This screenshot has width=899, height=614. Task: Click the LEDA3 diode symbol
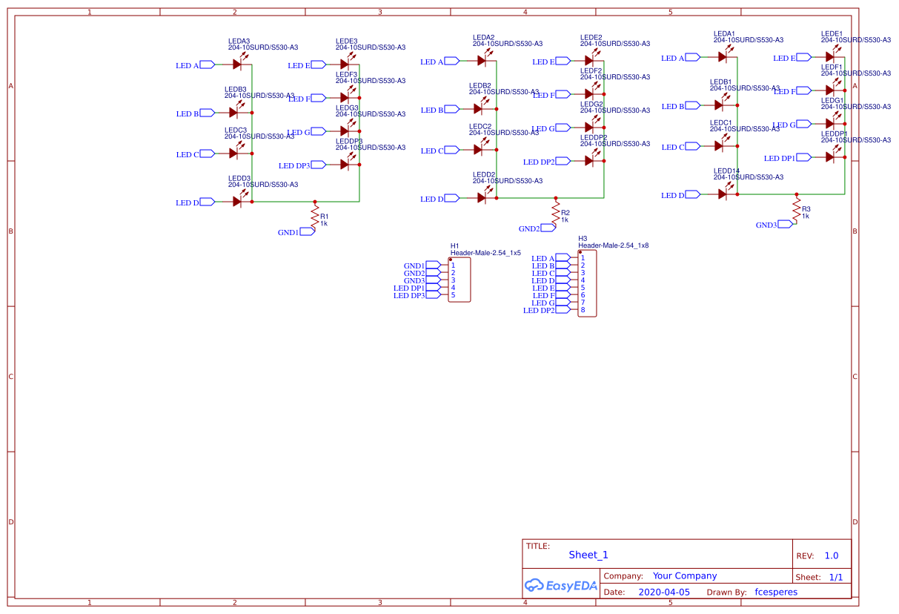(x=237, y=65)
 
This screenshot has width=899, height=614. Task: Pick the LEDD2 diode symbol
(x=482, y=198)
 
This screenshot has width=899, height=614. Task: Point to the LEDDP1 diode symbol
(x=830, y=157)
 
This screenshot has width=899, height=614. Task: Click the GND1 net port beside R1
(x=307, y=231)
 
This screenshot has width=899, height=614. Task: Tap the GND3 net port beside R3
(x=786, y=225)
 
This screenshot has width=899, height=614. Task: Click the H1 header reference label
(x=455, y=245)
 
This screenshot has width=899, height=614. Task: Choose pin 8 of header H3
(x=583, y=310)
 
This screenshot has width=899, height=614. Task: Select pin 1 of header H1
(x=453, y=265)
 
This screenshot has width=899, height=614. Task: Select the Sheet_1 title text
(x=588, y=555)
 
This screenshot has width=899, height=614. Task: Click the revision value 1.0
(x=832, y=555)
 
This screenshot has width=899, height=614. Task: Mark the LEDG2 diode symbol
(x=589, y=128)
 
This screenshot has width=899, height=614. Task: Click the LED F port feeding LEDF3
(x=316, y=98)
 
